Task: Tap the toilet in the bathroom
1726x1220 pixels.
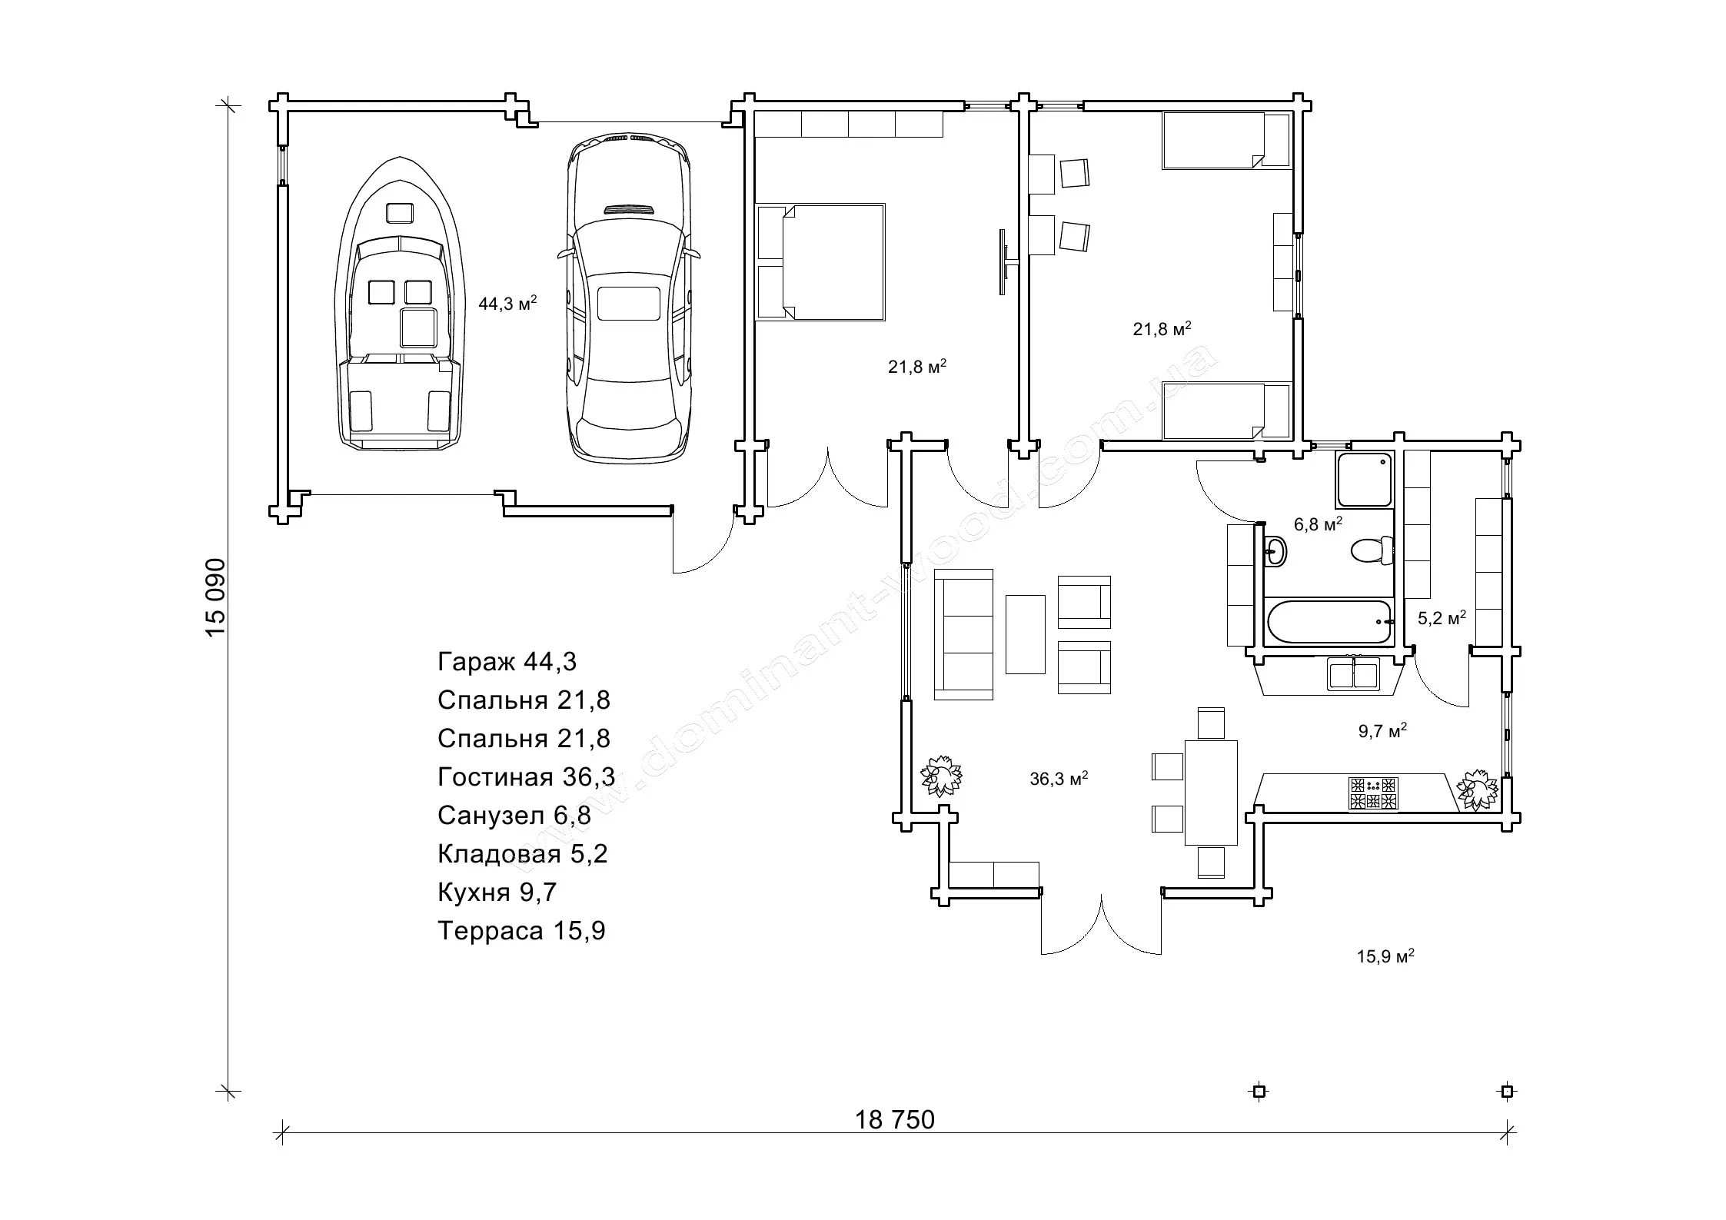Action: pos(1372,550)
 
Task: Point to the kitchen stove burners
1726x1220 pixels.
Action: pos(1372,793)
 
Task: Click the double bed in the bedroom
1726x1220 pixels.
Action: pos(820,261)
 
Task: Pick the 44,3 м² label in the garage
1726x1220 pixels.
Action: pos(507,303)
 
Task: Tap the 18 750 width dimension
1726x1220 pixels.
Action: pos(895,1119)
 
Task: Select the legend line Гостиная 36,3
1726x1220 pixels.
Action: pos(526,777)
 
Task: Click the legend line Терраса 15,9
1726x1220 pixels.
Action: pos(521,931)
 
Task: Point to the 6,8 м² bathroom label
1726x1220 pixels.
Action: pos(1318,524)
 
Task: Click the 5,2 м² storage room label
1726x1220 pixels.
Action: pos(1442,617)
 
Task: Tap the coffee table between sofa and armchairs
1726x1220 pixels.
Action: pos(1025,634)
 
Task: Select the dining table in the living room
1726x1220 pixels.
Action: pos(1211,792)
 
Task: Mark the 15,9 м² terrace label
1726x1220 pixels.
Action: pos(1385,957)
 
